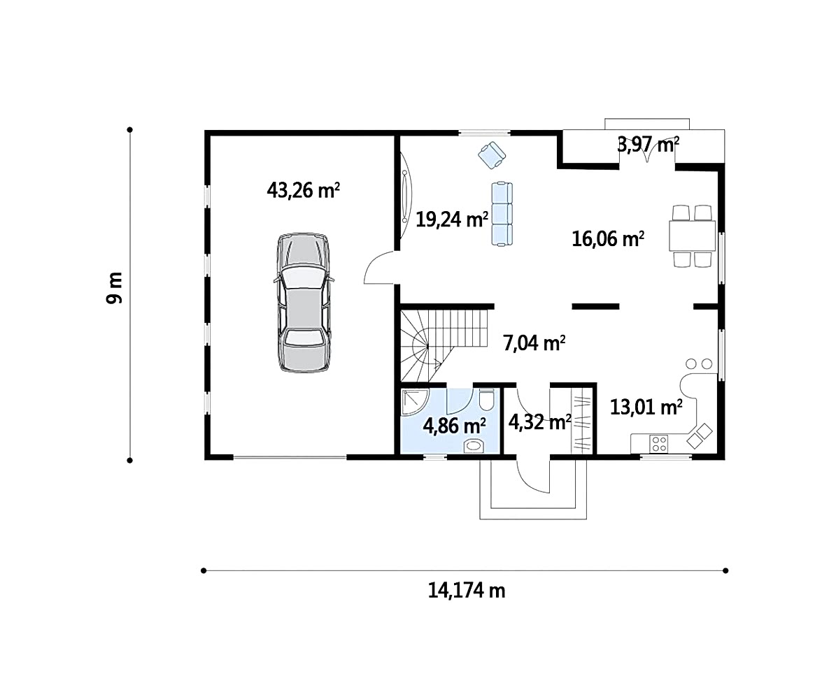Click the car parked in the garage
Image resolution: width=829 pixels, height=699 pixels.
(x=304, y=302)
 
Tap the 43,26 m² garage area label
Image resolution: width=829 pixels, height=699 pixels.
(x=303, y=189)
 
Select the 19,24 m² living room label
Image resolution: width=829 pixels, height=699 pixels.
(x=451, y=218)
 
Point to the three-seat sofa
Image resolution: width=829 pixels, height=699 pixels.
(x=502, y=213)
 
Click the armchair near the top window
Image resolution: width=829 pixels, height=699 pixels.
(x=492, y=155)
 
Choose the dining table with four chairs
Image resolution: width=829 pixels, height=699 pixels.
(x=692, y=236)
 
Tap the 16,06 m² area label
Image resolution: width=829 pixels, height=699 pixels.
(x=608, y=239)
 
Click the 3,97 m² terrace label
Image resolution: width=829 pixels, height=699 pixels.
(x=649, y=144)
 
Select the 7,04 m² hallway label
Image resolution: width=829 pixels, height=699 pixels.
(x=534, y=343)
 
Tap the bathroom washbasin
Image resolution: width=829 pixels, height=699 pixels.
(x=475, y=445)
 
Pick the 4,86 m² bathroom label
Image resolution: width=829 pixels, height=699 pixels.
(x=454, y=425)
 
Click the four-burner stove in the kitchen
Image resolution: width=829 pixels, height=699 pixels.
(x=659, y=443)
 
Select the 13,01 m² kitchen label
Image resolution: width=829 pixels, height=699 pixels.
(x=646, y=408)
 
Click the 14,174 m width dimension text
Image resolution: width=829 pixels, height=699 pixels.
(x=467, y=590)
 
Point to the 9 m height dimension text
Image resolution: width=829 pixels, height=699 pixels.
(x=114, y=288)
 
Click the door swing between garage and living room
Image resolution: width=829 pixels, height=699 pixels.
(x=378, y=268)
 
